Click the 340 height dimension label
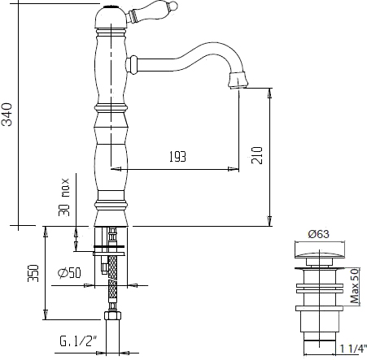(7, 115)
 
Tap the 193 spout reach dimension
(177, 157)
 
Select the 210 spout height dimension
(257, 155)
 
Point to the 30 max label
(64, 197)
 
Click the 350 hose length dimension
(33, 273)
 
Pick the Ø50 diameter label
(69, 273)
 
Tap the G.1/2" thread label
(78, 341)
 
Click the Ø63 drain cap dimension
(319, 234)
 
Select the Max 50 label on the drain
(355, 286)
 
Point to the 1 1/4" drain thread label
(352, 349)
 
